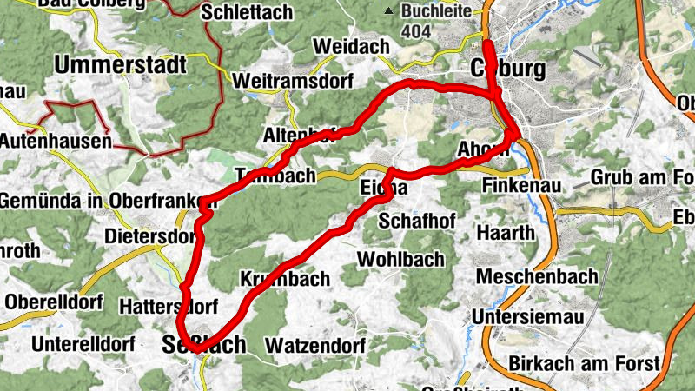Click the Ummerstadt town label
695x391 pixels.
click(121, 65)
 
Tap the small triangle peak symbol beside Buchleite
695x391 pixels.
click(391, 11)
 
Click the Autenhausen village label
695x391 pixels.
click(56, 140)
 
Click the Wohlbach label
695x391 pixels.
click(400, 259)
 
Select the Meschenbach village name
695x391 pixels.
click(538, 277)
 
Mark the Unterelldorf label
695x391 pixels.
click(83, 344)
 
